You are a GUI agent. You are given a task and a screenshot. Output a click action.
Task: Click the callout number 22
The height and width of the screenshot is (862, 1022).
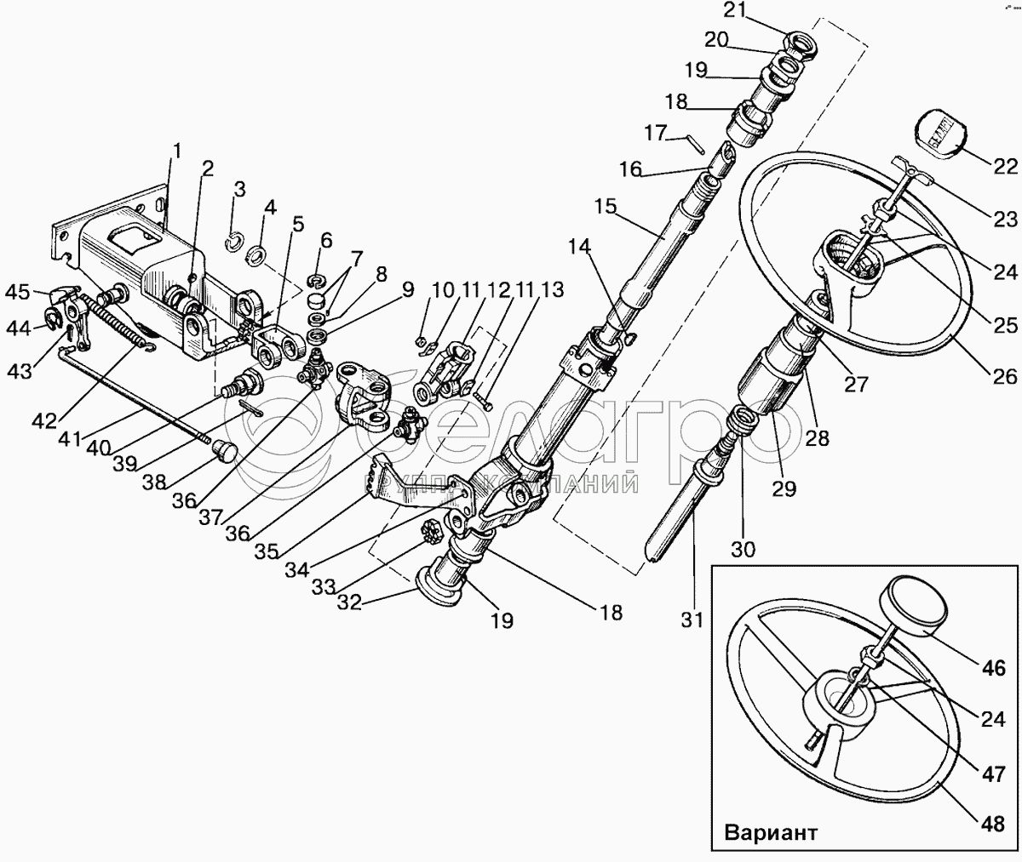1005,168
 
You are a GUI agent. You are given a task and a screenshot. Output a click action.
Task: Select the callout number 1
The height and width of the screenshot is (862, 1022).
176,151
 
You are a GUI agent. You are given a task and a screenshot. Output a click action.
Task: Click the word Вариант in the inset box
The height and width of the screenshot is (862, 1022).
771,832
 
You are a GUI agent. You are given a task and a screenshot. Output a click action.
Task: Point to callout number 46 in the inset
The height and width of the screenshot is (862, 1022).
993,668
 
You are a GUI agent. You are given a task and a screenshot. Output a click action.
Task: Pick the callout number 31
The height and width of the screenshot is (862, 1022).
692,620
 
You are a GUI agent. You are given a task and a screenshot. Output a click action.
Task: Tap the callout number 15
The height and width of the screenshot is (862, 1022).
606,207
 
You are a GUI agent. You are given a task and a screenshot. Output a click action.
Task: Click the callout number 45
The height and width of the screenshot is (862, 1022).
18,292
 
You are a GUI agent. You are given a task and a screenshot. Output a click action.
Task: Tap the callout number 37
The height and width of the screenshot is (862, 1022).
211,517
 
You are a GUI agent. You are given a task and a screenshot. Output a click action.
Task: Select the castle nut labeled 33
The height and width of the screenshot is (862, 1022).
431,530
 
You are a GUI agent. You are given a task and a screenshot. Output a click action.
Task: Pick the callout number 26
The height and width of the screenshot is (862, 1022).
1005,377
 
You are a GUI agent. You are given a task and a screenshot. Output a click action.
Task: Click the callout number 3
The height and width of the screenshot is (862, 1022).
239,190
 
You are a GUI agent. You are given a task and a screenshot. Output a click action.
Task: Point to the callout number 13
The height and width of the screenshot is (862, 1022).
553,290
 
